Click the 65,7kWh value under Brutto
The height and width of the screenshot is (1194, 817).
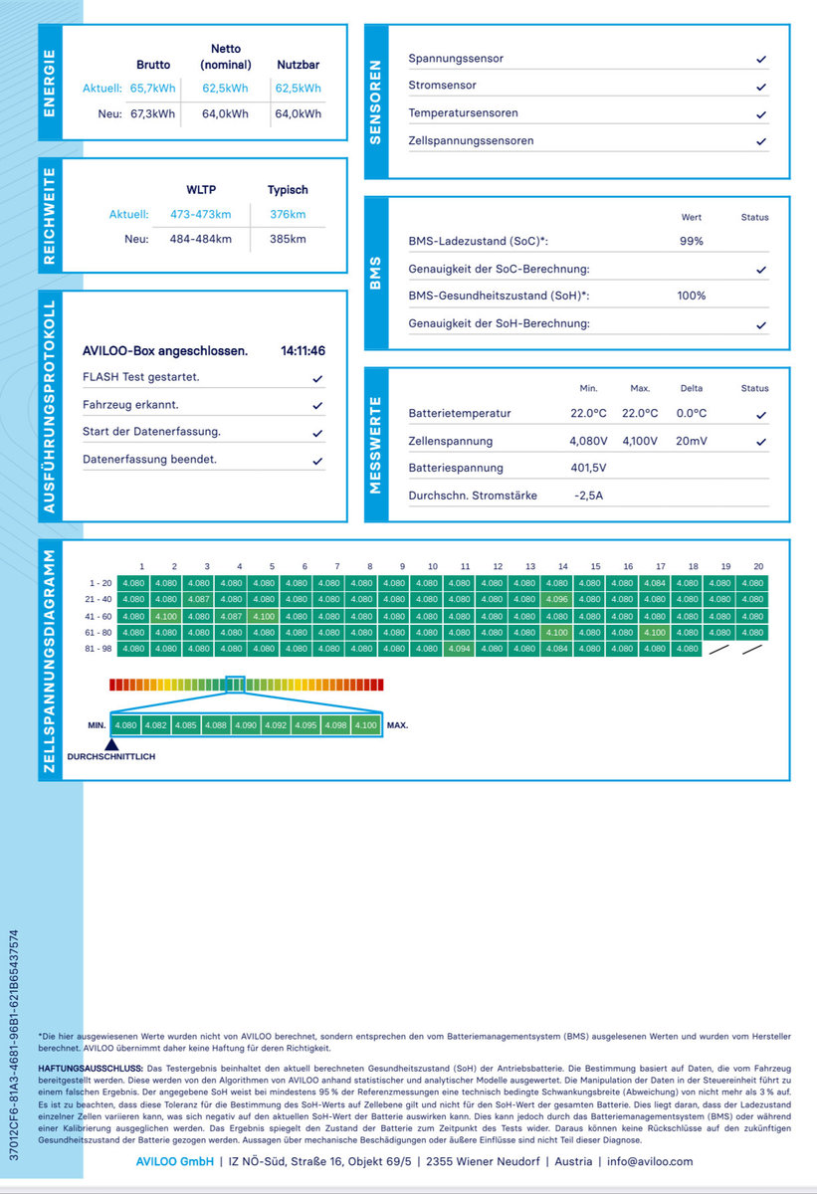click(152, 89)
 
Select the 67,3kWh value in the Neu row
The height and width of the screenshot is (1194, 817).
click(152, 114)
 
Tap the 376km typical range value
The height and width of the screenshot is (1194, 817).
click(288, 214)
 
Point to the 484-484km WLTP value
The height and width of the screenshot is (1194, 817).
click(201, 239)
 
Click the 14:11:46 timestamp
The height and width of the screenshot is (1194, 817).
click(303, 350)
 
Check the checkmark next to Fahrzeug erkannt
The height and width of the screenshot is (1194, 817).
click(317, 406)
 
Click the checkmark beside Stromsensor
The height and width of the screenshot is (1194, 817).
click(761, 87)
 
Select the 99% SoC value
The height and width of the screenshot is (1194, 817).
click(692, 241)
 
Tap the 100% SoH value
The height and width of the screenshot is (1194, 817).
click(692, 296)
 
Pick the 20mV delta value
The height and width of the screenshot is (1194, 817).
click(692, 441)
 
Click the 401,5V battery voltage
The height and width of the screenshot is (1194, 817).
click(588, 468)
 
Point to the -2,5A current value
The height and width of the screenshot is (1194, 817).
click(588, 496)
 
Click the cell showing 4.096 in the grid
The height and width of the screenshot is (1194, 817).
click(557, 599)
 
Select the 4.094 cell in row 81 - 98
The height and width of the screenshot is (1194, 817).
click(460, 649)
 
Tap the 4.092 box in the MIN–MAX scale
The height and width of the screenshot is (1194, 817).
click(276, 725)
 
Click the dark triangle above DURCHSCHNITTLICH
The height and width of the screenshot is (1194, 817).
click(111, 744)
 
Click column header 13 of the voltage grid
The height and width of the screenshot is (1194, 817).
click(530, 566)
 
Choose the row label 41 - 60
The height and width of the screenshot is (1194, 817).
click(99, 616)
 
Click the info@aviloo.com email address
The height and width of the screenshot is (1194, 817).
click(650, 1161)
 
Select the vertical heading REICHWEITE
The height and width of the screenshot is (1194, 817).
click(50, 216)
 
